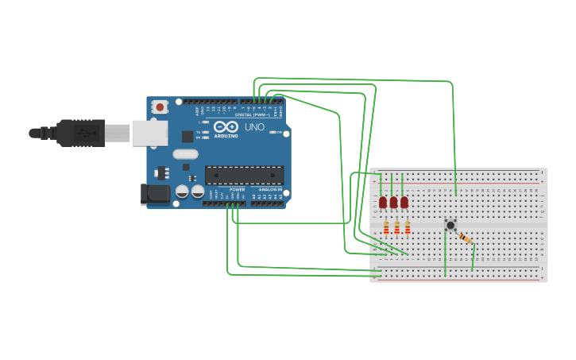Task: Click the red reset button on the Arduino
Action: click(160, 106)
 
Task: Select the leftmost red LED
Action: click(383, 203)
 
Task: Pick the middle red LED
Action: click(393, 203)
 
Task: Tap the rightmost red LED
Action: click(404, 203)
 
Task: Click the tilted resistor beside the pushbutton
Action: click(465, 238)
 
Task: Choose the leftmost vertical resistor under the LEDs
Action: click(386, 228)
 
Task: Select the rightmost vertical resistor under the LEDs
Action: click(408, 228)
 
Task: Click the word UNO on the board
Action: click(255, 127)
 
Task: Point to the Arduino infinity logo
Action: click(226, 126)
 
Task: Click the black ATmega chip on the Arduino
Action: click(244, 175)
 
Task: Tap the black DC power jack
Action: click(155, 193)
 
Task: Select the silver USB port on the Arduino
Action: click(149, 133)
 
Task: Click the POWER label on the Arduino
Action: click(238, 190)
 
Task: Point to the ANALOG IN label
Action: click(268, 190)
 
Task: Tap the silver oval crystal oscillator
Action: click(185, 154)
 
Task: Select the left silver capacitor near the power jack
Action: click(183, 192)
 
